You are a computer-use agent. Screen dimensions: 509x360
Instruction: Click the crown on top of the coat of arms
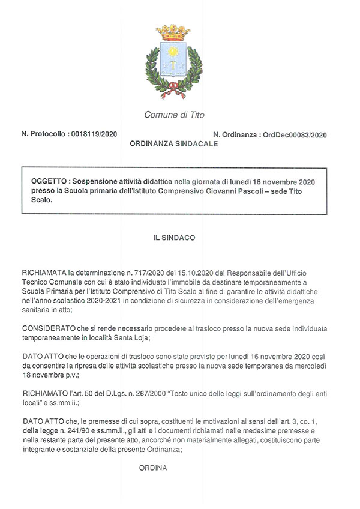tap(173, 34)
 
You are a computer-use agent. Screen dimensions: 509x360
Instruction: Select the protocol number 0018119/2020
tap(94, 134)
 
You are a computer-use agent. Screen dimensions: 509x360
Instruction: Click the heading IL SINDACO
tap(174, 238)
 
